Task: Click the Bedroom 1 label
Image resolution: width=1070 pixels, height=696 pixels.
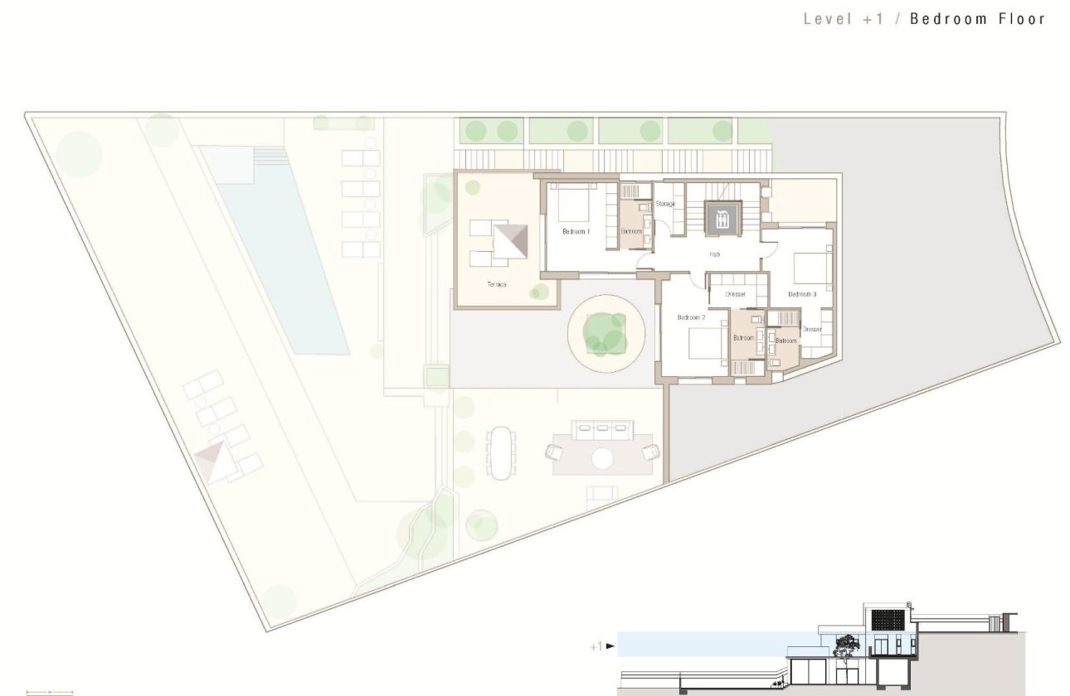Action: [x=576, y=231]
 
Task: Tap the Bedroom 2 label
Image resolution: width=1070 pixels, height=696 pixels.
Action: [x=691, y=317]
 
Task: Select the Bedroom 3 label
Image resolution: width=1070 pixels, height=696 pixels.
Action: [x=802, y=294]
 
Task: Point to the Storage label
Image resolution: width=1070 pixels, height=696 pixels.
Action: [x=665, y=204]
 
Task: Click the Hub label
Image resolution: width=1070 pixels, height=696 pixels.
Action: [x=714, y=254]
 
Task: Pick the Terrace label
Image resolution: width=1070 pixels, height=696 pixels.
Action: [x=497, y=284]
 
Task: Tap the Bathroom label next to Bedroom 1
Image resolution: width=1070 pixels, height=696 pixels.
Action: [x=631, y=231]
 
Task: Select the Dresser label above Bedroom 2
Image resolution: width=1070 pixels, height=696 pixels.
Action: [x=735, y=294]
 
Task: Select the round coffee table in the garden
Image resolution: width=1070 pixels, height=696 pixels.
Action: [x=602, y=457]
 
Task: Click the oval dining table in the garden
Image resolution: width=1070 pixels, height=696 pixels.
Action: [x=500, y=452]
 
